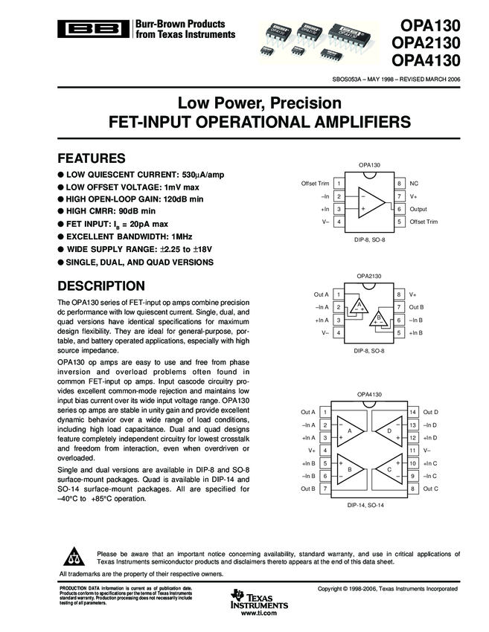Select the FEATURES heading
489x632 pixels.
coord(92,158)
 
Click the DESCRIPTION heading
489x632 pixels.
coord(101,286)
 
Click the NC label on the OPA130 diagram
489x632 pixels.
coord(414,183)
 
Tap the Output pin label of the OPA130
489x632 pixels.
coord(418,209)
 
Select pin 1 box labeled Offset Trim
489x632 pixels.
coord(339,183)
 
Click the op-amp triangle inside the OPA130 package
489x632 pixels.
coord(370,203)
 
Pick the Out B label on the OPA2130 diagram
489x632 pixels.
coord(417,307)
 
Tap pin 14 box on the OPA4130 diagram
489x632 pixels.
coord(413,411)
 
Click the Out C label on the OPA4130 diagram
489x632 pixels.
coord(430,488)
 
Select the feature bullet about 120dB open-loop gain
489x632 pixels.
coord(131,199)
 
